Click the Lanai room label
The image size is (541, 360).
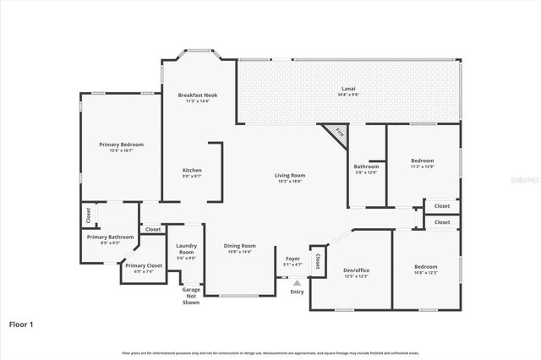[x=347, y=88]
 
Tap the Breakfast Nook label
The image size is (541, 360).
[x=198, y=95]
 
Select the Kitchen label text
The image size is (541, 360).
[x=192, y=170]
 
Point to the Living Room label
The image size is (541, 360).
[x=288, y=175]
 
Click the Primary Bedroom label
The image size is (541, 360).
[x=117, y=145]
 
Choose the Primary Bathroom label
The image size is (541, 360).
[x=110, y=237]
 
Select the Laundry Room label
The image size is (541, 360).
[x=186, y=249]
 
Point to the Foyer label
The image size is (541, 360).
[x=292, y=259]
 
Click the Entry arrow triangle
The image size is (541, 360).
[x=297, y=283]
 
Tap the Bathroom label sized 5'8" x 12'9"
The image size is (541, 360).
[x=366, y=166]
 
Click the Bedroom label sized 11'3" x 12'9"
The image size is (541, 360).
[x=422, y=161]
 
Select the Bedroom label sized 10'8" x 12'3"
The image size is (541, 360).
[x=425, y=266]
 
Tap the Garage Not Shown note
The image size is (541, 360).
[x=191, y=296]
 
